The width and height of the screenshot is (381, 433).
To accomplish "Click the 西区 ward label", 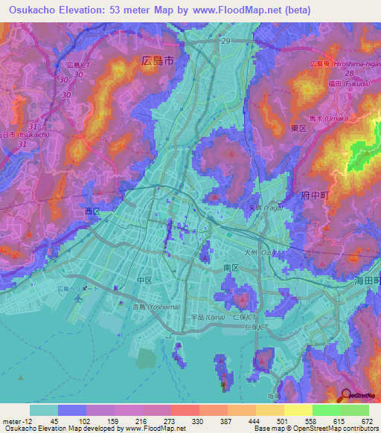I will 92,212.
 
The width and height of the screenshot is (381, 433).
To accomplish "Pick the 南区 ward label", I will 230,266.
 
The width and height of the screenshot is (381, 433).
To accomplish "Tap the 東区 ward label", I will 298,129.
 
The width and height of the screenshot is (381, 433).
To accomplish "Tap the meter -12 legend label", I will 16,420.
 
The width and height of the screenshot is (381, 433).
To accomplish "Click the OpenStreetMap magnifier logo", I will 347,397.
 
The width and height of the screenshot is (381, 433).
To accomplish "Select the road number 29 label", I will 225,42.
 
